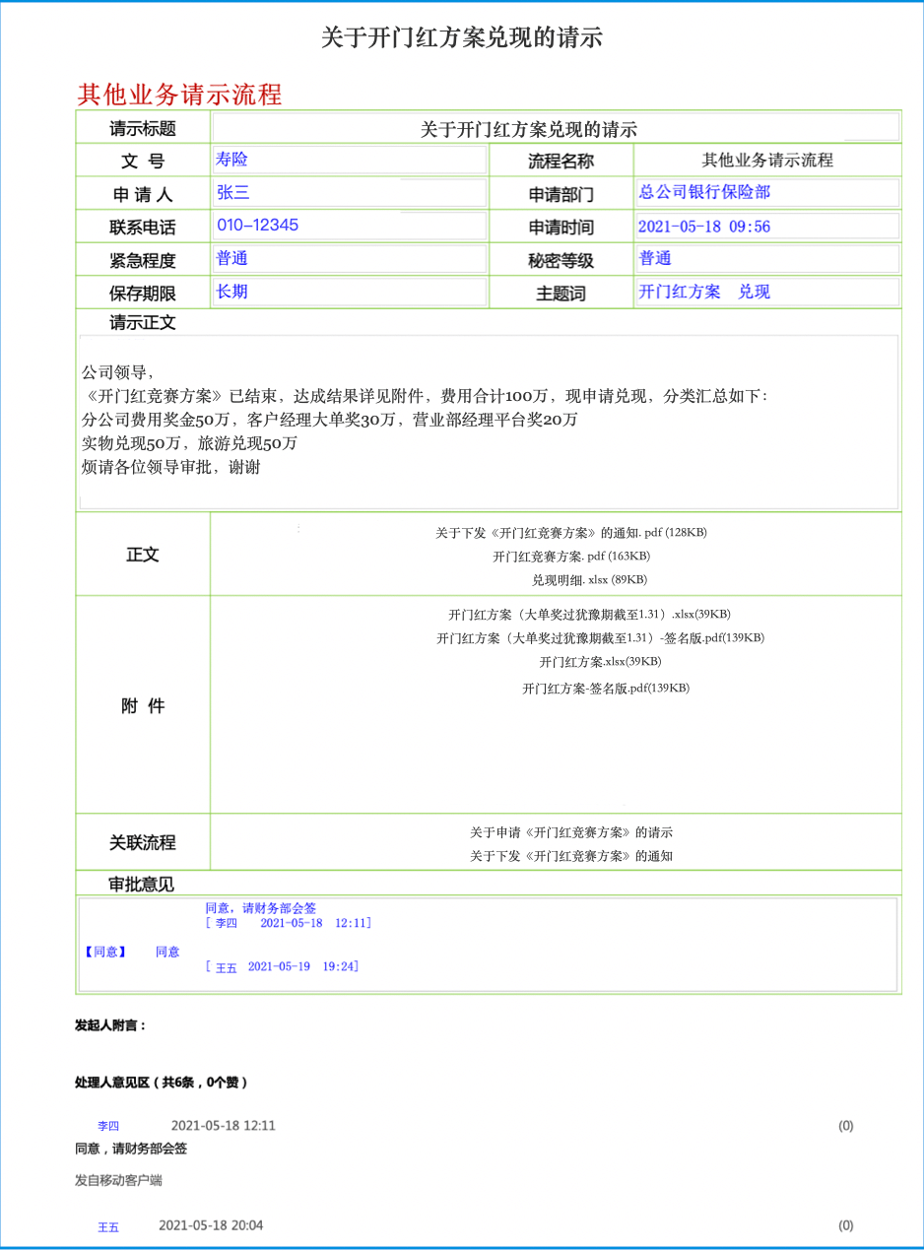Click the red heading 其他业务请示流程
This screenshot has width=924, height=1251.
pos(179,95)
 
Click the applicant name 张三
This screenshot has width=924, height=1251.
pos(233,193)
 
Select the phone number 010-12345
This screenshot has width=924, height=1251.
pos(257,225)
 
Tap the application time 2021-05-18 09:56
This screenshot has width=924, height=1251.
pos(703,227)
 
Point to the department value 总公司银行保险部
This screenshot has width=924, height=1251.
pos(704,192)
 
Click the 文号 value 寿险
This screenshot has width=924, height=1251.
pos(231,159)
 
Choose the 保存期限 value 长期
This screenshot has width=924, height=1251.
pos(231,292)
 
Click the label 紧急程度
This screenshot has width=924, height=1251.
pos(143,261)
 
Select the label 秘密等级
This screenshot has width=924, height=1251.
pos(561,261)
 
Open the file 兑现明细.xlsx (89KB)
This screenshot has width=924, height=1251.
pos(589,580)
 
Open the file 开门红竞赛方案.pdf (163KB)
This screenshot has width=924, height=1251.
pos(571,557)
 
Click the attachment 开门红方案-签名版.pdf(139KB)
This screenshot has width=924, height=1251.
pos(605,689)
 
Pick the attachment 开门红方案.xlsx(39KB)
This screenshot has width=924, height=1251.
pos(599,662)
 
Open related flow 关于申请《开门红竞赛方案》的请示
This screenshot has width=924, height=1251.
pos(571,832)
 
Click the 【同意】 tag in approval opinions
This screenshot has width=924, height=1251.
pos(104,952)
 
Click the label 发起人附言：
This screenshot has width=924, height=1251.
pos(110,1025)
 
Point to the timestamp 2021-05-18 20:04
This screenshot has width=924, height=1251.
pos(211,1225)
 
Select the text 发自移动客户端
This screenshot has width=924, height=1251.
pos(118,1180)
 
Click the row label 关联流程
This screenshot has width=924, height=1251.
pos(143,843)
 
